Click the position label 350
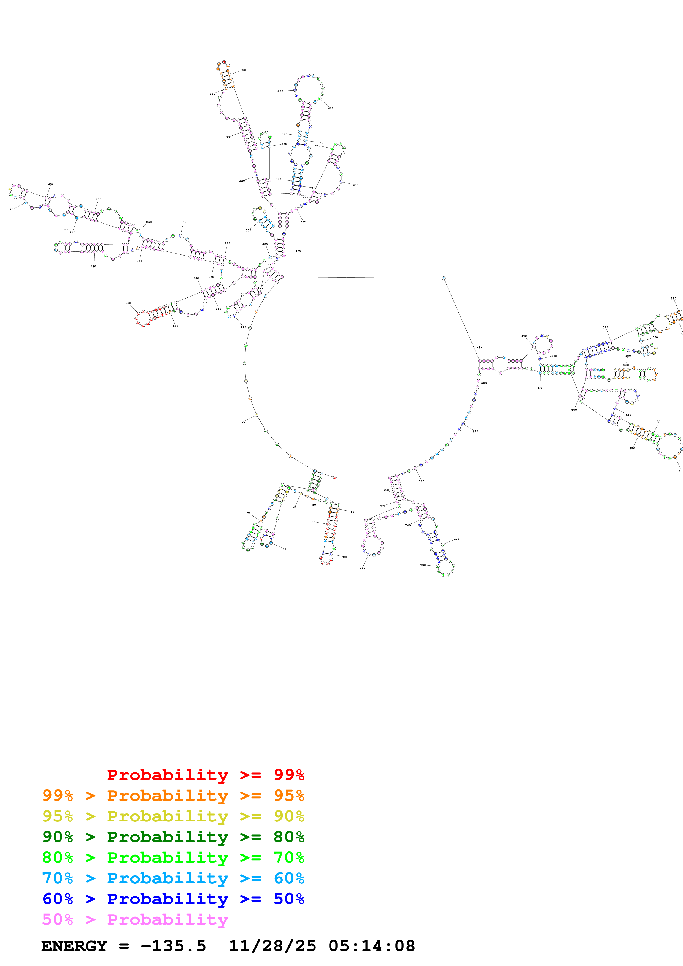[243, 70]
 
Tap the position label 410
[331, 108]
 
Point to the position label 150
[128, 303]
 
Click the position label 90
[243, 422]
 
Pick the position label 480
[479, 347]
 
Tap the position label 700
[422, 481]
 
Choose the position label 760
[362, 568]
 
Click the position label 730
[423, 565]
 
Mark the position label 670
[540, 387]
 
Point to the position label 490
[524, 336]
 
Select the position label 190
[94, 266]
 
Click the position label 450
[356, 185]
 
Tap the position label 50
[285, 549]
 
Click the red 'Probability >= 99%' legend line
[205, 775]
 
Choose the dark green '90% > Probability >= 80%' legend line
[173, 837]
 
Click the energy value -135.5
[173, 946]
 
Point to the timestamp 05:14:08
[372, 946]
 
